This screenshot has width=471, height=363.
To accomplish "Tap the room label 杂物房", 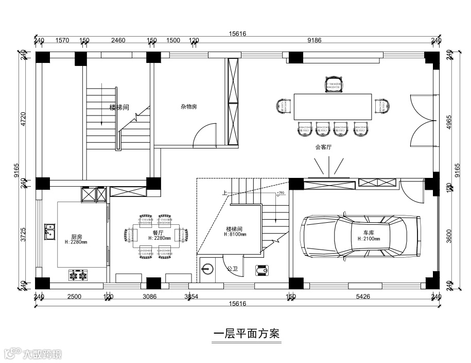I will (x=189, y=107).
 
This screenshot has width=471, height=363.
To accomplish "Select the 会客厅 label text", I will (x=323, y=147).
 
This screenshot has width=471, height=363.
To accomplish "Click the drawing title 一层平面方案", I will (x=247, y=334).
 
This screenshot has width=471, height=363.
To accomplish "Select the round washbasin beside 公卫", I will (x=207, y=269).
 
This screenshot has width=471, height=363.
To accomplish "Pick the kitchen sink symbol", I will (x=49, y=230).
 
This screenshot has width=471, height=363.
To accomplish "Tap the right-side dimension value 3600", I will (x=449, y=235).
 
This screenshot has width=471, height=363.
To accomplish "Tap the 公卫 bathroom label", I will (x=232, y=269).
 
